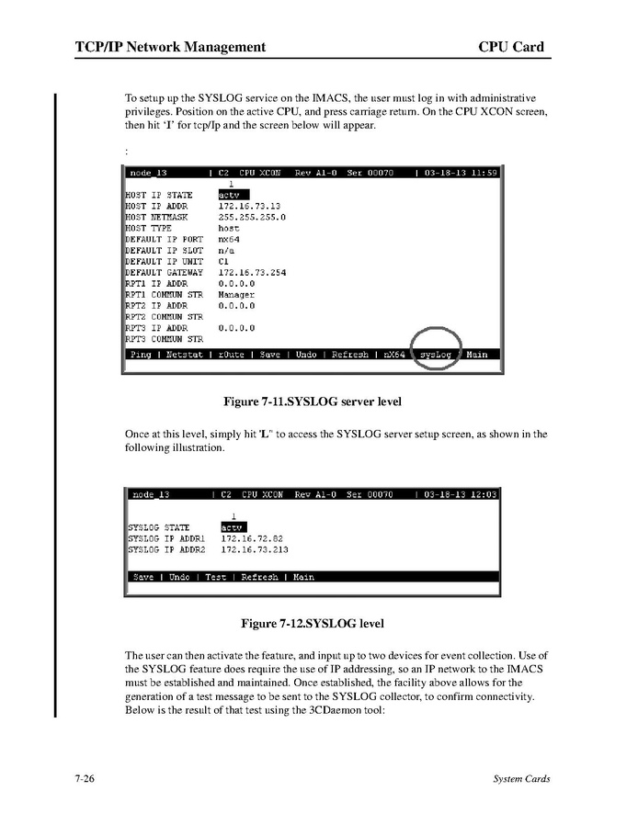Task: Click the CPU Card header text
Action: (511, 47)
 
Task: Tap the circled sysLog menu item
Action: (436, 354)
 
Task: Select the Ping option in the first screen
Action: (141, 354)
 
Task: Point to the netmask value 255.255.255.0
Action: (251, 218)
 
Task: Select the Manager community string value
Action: (236, 295)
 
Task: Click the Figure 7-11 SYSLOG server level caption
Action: (313, 402)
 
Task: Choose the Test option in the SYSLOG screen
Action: (215, 577)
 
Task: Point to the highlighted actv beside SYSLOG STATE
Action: (233, 527)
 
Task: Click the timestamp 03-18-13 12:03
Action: (461, 494)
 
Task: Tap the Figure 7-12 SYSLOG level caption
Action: (313, 624)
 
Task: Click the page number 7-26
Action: (87, 779)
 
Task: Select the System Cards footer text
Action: (521, 779)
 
